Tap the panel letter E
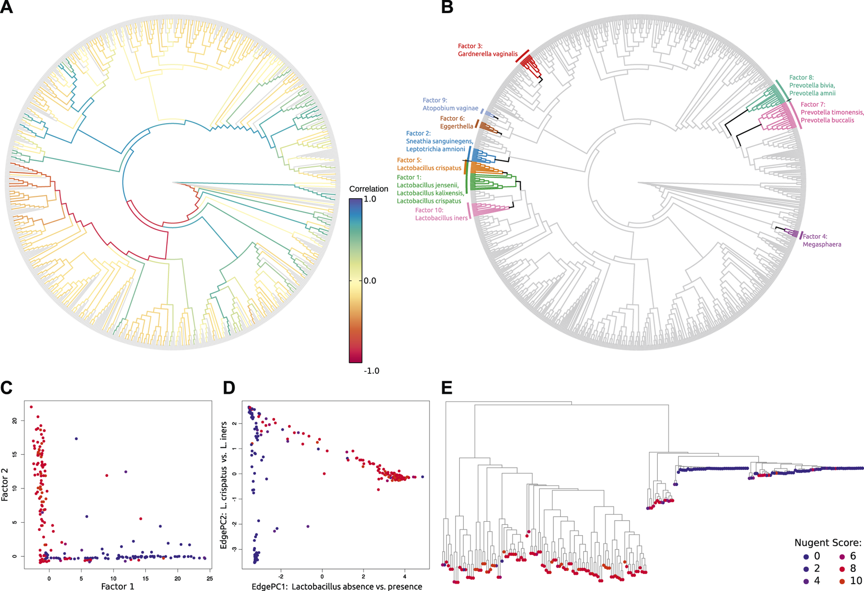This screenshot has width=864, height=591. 446,388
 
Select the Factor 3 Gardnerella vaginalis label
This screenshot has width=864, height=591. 487,50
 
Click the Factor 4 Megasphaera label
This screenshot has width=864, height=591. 822,241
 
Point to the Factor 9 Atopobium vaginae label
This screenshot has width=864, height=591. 450,104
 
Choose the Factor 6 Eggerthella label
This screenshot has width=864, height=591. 456,122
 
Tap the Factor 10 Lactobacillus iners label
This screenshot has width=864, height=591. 441,214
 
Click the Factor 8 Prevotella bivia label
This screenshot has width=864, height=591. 812,85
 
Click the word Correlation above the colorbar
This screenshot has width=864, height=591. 369,189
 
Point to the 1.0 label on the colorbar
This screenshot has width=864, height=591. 370,199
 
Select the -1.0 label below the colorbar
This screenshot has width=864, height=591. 371,371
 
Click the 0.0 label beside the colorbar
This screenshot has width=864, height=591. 370,281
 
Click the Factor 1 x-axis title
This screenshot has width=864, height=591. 118,586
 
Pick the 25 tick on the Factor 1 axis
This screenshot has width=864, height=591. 209,579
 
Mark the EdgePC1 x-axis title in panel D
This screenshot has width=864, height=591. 336,586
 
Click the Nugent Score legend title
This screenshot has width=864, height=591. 827,543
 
